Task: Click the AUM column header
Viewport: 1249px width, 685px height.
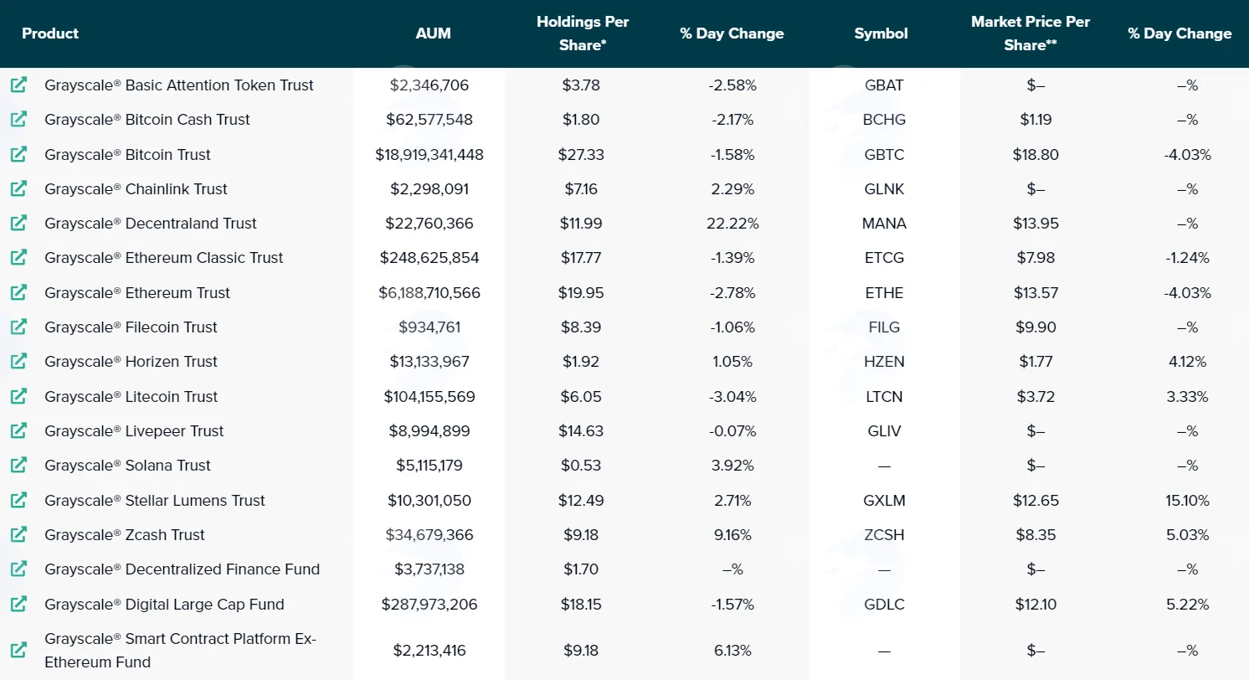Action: [x=434, y=33]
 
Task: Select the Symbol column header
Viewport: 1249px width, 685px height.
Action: [x=881, y=33]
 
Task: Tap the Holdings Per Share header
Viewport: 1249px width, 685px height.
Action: [x=583, y=33]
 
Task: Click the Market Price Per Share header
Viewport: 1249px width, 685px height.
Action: [x=1031, y=33]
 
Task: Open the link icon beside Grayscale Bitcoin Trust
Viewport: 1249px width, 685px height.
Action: [x=18, y=154]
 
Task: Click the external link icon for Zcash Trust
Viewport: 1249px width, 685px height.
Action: [x=18, y=534]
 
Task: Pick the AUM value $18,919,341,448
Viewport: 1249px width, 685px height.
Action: [x=429, y=155]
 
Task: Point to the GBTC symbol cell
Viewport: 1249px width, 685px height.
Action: [x=884, y=155]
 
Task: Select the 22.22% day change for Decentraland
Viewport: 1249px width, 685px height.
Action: [x=732, y=224]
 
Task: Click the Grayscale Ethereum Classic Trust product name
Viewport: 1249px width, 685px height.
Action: [x=164, y=258]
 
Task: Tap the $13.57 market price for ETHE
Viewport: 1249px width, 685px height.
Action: [x=1036, y=293]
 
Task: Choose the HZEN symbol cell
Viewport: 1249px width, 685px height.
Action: [x=884, y=362]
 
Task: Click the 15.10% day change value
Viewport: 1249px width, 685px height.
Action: [x=1188, y=501]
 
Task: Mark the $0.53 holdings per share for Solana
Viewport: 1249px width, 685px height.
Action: [x=581, y=466]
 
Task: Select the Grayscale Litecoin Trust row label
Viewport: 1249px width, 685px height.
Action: [x=131, y=397]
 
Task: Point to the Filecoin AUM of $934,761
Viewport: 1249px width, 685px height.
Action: [x=429, y=327]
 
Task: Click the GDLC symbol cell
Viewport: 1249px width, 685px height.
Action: [x=884, y=604]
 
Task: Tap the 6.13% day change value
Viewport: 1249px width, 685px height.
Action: [x=732, y=651]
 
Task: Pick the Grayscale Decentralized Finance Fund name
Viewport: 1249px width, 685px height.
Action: [x=182, y=569]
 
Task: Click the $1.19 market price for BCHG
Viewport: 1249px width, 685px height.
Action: [x=1036, y=120]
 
